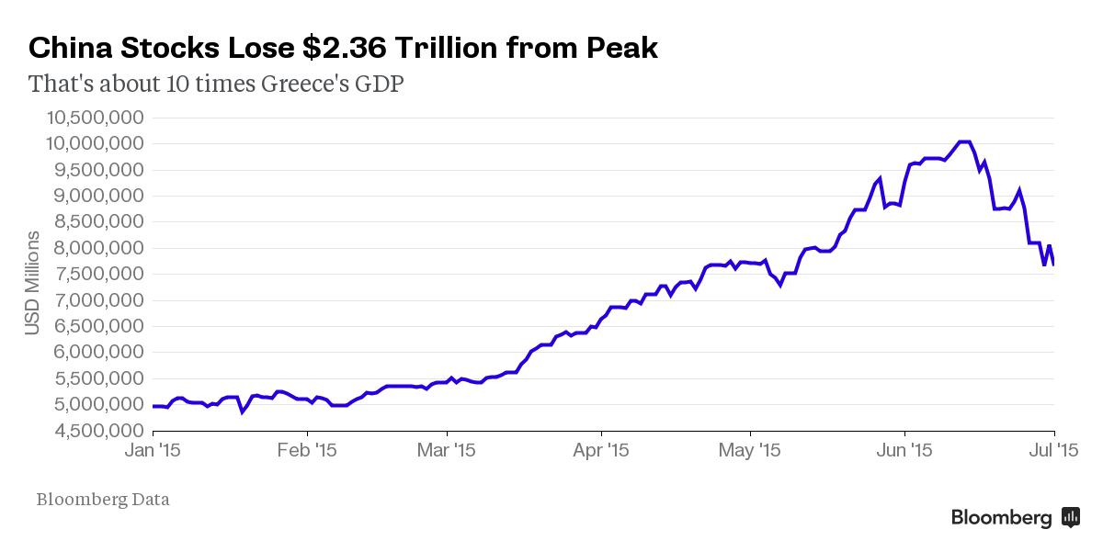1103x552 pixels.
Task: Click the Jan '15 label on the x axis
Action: (153, 451)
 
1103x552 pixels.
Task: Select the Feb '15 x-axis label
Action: (307, 451)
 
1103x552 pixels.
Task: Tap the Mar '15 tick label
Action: (447, 451)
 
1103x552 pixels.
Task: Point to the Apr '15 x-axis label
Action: (601, 451)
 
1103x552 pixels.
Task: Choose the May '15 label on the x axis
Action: (751, 451)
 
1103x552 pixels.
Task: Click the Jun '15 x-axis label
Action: (905, 451)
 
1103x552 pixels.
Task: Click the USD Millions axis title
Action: (33, 282)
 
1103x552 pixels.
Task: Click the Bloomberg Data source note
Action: (103, 500)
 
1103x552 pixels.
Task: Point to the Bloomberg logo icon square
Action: (1071, 517)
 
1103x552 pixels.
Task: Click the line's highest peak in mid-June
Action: (964, 141)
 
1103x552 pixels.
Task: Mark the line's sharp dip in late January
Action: (242, 412)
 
